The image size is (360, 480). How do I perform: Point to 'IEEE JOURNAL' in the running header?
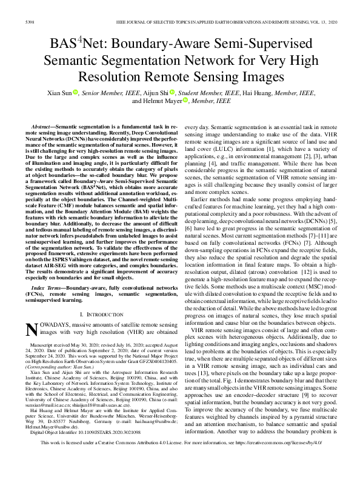point(132,22)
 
